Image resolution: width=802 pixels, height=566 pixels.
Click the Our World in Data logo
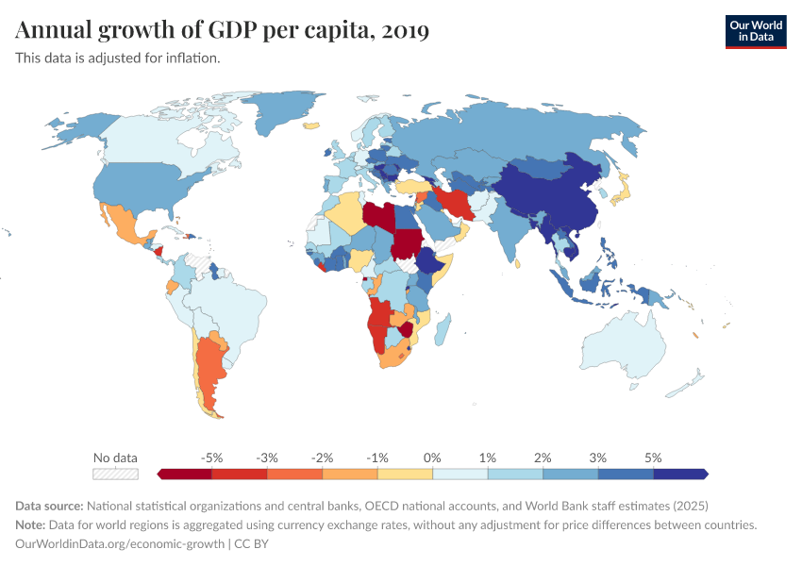pyautogui.click(x=755, y=31)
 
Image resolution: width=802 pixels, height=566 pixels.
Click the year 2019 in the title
pyautogui.click(x=407, y=31)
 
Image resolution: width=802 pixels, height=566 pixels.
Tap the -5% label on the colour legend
pyautogui.click(x=212, y=458)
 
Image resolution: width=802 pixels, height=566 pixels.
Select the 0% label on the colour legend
pyautogui.click(x=432, y=458)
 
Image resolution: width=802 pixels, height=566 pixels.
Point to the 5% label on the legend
pyautogui.click(x=653, y=458)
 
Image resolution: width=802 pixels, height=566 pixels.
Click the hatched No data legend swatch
pyautogui.click(x=115, y=474)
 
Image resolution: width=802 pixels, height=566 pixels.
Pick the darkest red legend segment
pyautogui.click(x=185, y=474)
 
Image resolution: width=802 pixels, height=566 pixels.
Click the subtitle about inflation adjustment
pyautogui.click(x=118, y=58)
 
